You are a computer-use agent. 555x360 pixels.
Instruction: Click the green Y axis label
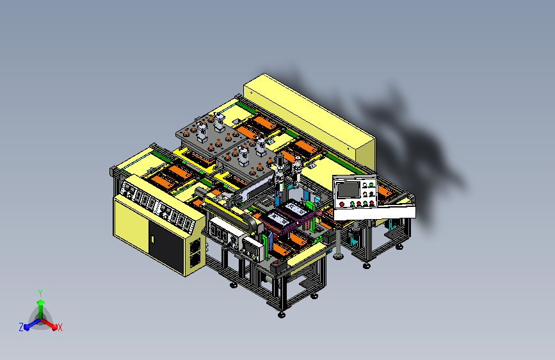(x=40, y=293)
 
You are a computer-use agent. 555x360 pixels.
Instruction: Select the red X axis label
(x=60, y=327)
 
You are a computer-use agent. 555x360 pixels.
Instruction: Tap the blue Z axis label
(x=21, y=327)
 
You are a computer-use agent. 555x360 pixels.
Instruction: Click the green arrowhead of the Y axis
(x=41, y=302)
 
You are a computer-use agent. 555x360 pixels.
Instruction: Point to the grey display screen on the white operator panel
(x=348, y=190)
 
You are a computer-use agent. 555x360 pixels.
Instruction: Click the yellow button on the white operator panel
(x=365, y=195)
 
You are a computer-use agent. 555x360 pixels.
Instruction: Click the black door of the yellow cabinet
(x=166, y=247)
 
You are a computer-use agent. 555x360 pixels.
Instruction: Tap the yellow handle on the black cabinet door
(x=152, y=240)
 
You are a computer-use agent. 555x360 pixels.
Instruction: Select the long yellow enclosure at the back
(x=309, y=120)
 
